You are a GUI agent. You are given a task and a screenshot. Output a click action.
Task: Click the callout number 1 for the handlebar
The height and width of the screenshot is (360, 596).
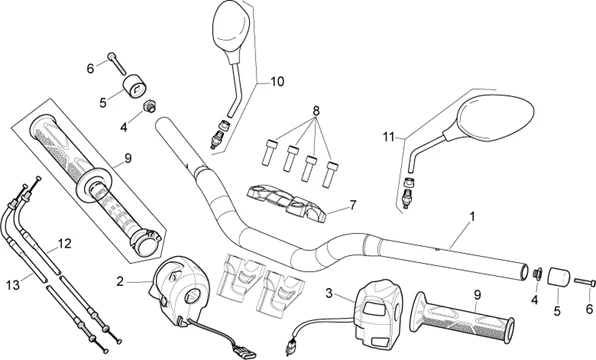pyautogui.click(x=472, y=217)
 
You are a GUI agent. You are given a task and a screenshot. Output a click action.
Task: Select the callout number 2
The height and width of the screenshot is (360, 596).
pyautogui.click(x=120, y=282)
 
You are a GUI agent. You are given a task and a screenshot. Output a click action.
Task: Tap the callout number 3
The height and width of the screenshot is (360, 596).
pyautogui.click(x=329, y=293)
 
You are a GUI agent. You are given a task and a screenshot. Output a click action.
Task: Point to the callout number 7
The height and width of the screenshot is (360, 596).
pyautogui.click(x=353, y=205)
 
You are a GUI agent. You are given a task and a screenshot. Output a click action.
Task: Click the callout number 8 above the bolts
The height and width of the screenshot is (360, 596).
pyautogui.click(x=316, y=111)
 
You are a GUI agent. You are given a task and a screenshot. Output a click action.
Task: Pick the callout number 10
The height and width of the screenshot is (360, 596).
pyautogui.click(x=277, y=81)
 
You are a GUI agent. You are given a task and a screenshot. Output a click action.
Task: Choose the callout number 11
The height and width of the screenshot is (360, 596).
pyautogui.click(x=388, y=137)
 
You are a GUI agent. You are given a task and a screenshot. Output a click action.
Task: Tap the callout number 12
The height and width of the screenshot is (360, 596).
pyautogui.click(x=65, y=244)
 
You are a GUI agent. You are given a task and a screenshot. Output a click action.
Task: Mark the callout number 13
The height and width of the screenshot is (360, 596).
pyautogui.click(x=13, y=284)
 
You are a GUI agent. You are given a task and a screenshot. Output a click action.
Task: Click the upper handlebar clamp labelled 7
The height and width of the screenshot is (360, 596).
pyautogui.click(x=286, y=203)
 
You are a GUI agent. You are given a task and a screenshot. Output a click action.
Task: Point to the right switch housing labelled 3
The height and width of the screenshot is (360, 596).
pyautogui.click(x=376, y=308)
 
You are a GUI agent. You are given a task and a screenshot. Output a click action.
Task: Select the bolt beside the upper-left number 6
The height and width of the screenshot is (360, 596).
pyautogui.click(x=117, y=63)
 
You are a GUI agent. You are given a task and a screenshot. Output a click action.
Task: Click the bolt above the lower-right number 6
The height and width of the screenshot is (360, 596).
pyautogui.click(x=585, y=282)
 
